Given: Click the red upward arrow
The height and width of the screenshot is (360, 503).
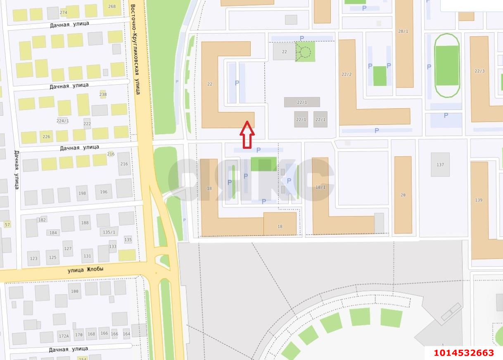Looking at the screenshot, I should pos(247,134).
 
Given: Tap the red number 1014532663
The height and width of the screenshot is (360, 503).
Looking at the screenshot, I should pos(463,353).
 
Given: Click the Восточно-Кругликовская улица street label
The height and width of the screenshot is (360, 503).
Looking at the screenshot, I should pos(135,49).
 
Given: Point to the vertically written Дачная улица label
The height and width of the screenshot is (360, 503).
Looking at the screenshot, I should pos(17,170).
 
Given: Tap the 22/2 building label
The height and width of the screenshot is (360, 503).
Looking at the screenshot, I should pos(346,74).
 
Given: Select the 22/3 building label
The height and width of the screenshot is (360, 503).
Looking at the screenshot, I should pos(479,71).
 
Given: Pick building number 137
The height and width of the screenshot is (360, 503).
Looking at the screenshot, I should pos(440,165).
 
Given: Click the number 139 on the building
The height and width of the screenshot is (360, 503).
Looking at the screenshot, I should pos(479,200).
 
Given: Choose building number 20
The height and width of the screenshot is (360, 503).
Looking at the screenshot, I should pos(403,195).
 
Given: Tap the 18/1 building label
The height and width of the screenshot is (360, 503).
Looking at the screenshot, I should pos(320,187).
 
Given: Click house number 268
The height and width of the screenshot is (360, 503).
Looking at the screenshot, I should pos(112,6).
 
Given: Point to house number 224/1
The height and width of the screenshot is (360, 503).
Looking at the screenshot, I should pos(62,121).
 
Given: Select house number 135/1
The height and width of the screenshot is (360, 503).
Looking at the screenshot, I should pos(109,232).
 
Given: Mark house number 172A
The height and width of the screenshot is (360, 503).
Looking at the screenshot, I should pos(64,336).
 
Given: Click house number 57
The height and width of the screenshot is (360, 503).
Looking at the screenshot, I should pos(7,224).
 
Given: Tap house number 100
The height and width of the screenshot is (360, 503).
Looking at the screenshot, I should pos(74,291).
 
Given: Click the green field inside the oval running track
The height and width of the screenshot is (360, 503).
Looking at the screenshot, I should pos(447,65).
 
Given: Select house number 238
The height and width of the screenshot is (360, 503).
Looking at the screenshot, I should pos(103,94).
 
